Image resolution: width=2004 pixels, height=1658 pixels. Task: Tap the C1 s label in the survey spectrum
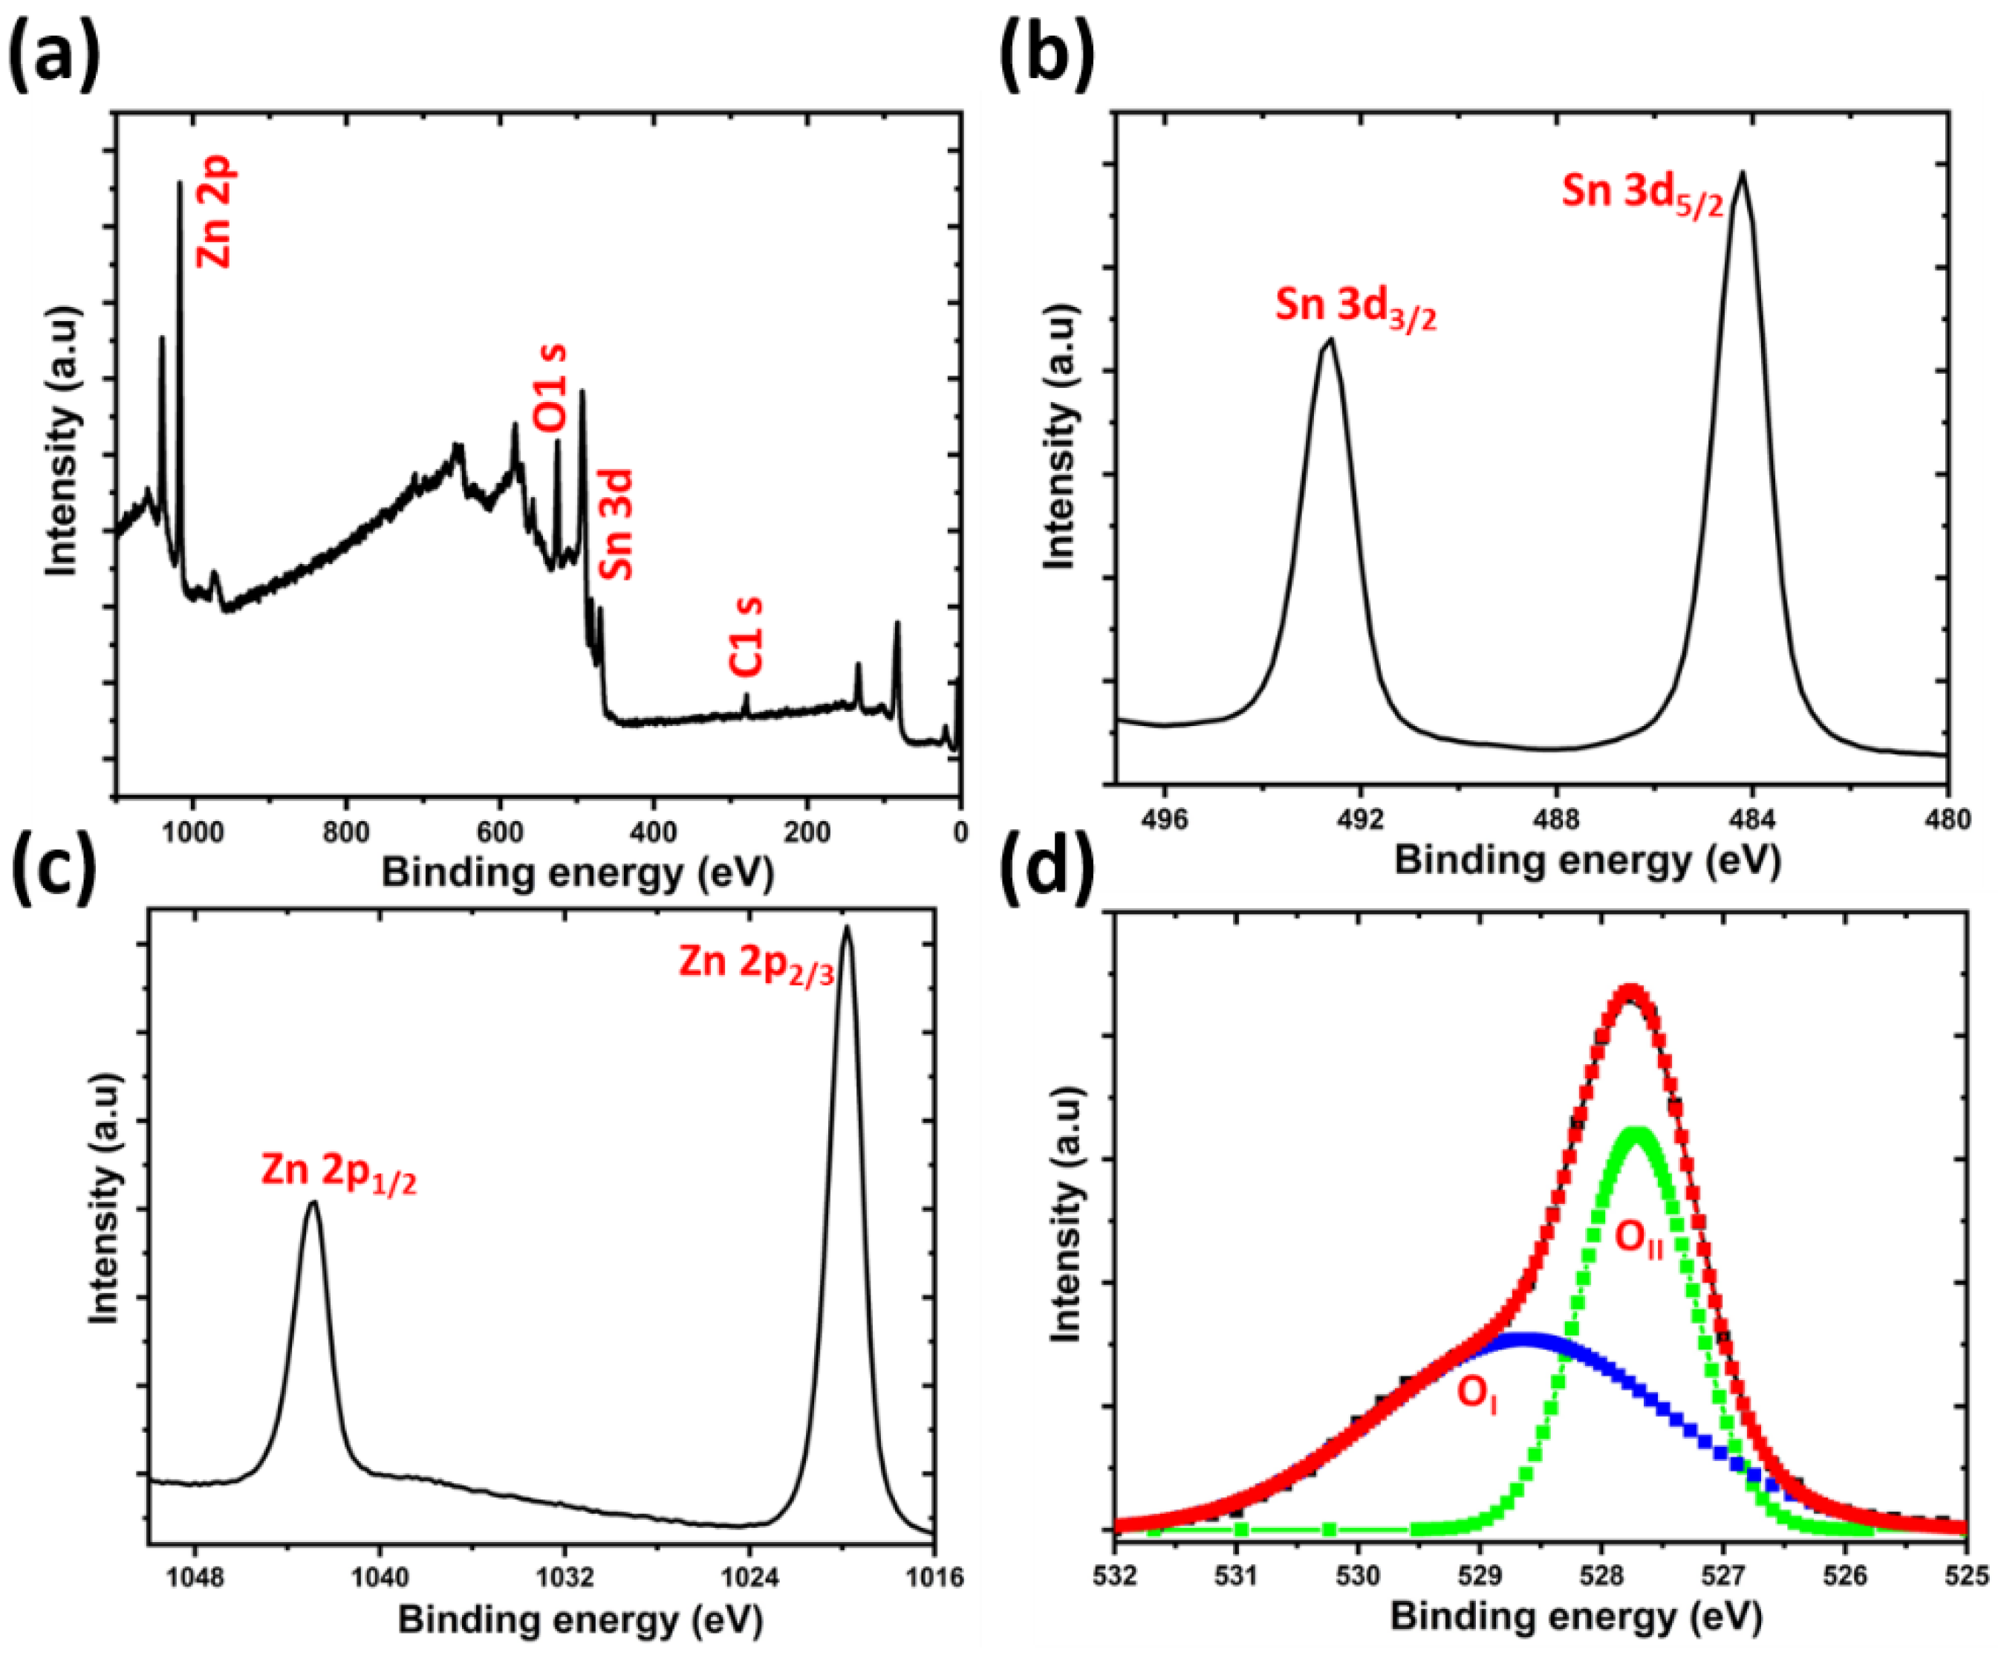747,637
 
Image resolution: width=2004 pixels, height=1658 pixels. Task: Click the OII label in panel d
1639,1240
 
